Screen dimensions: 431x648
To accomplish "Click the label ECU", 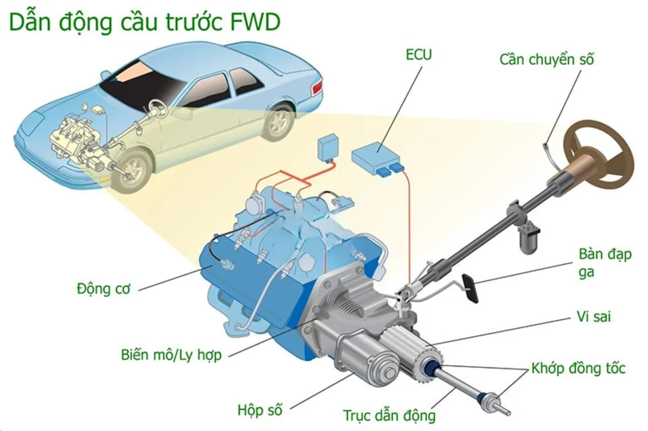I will click(x=419, y=55).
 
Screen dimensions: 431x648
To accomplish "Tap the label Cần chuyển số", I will click(x=546, y=59).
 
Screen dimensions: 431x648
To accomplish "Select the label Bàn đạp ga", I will click(x=604, y=263).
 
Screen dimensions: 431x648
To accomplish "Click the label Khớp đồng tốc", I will click(x=578, y=369).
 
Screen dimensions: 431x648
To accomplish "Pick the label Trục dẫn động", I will click(x=389, y=416).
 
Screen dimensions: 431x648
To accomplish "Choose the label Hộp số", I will click(x=260, y=409).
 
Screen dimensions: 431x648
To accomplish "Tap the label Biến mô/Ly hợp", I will click(x=171, y=356).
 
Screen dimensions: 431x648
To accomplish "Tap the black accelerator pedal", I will click(x=469, y=288).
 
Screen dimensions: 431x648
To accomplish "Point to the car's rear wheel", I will click(x=279, y=120).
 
